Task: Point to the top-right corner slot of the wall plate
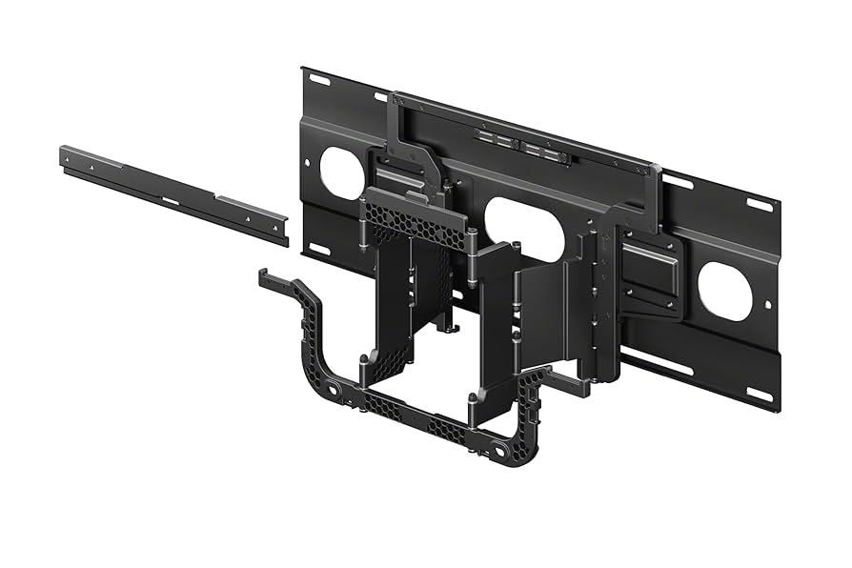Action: click(760, 203)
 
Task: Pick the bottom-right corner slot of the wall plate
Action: click(758, 394)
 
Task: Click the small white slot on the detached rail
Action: click(170, 200)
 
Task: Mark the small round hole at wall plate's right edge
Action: click(769, 306)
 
